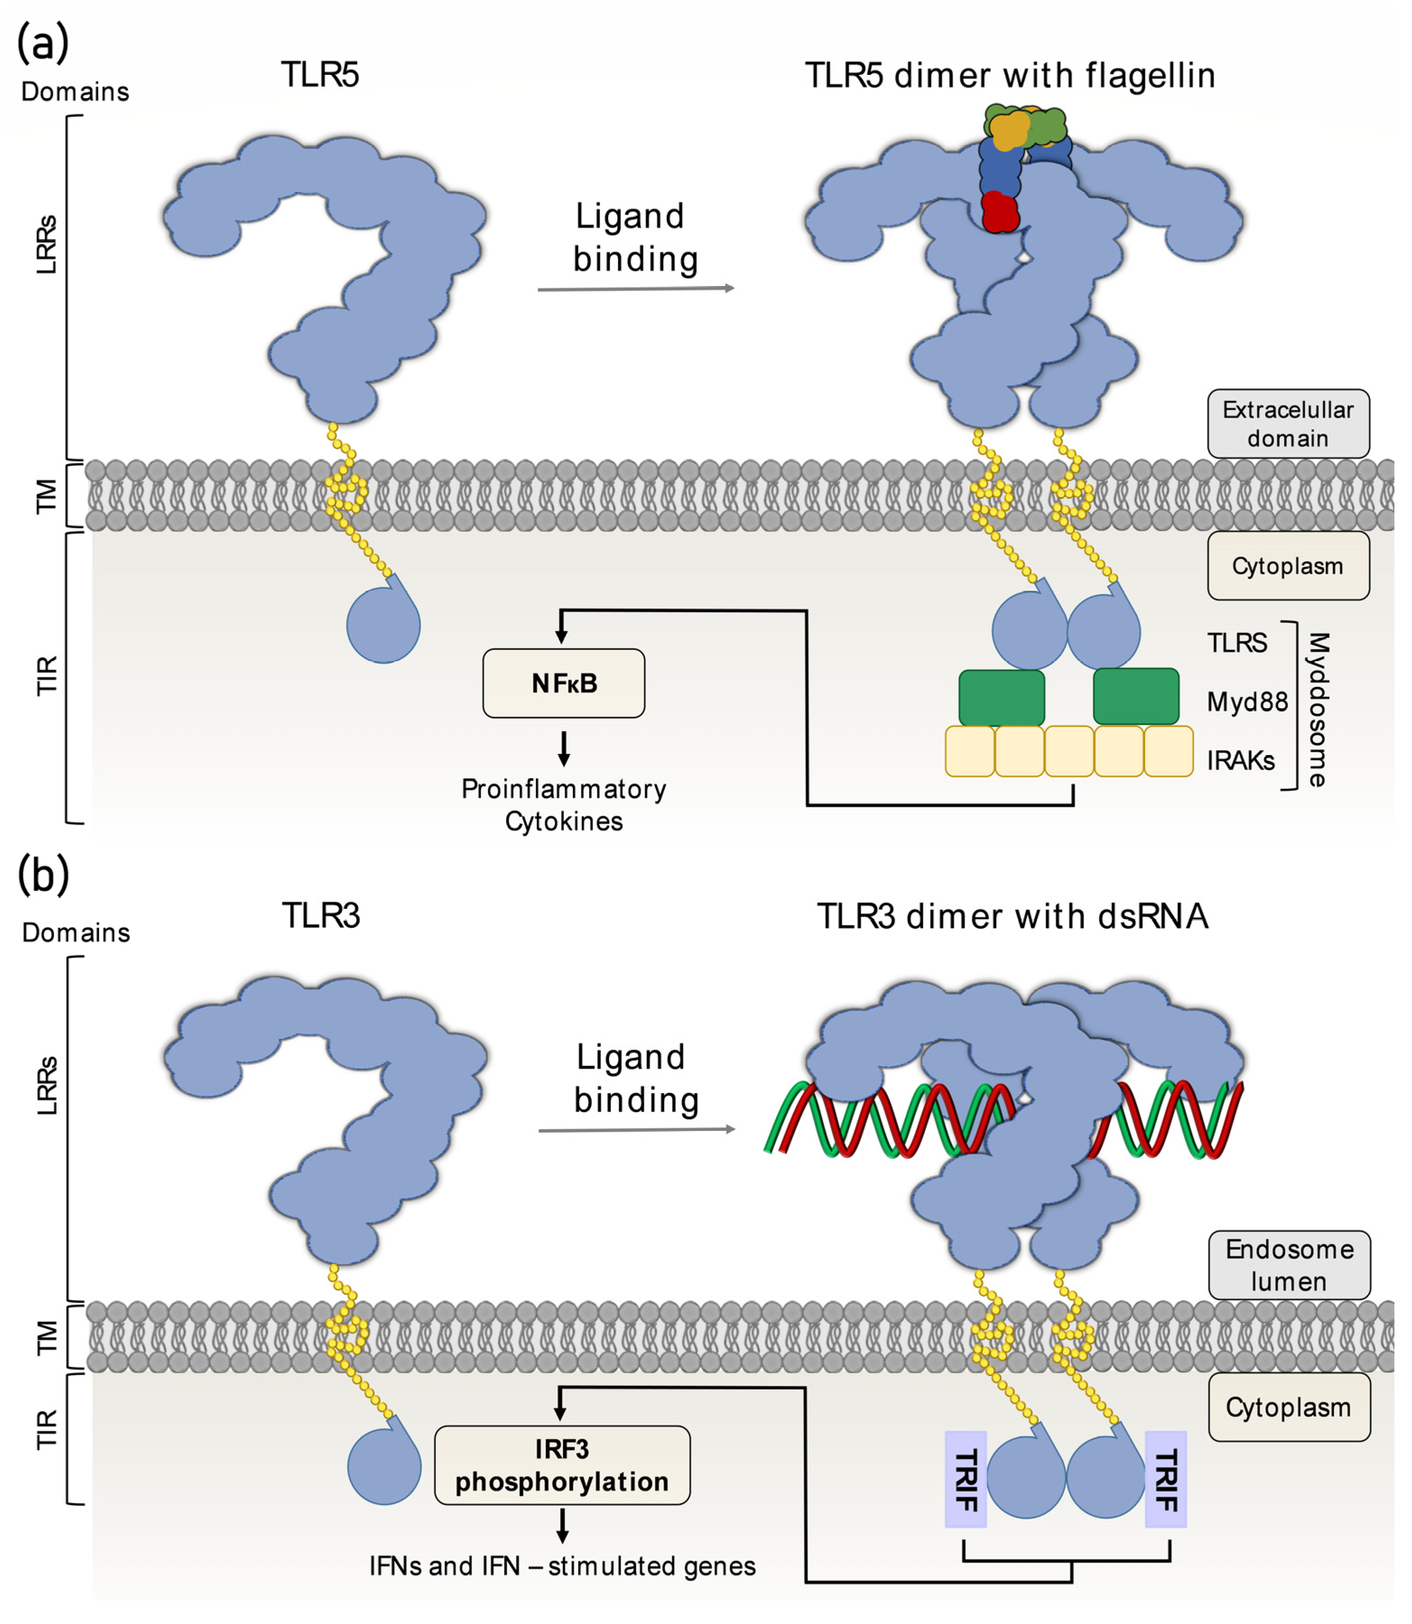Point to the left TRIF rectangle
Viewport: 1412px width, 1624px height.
tap(965, 1479)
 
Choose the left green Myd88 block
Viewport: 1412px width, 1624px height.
tap(1001, 697)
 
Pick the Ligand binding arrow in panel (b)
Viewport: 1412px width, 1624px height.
tap(636, 1130)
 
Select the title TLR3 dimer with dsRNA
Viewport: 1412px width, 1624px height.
tap(1012, 916)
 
